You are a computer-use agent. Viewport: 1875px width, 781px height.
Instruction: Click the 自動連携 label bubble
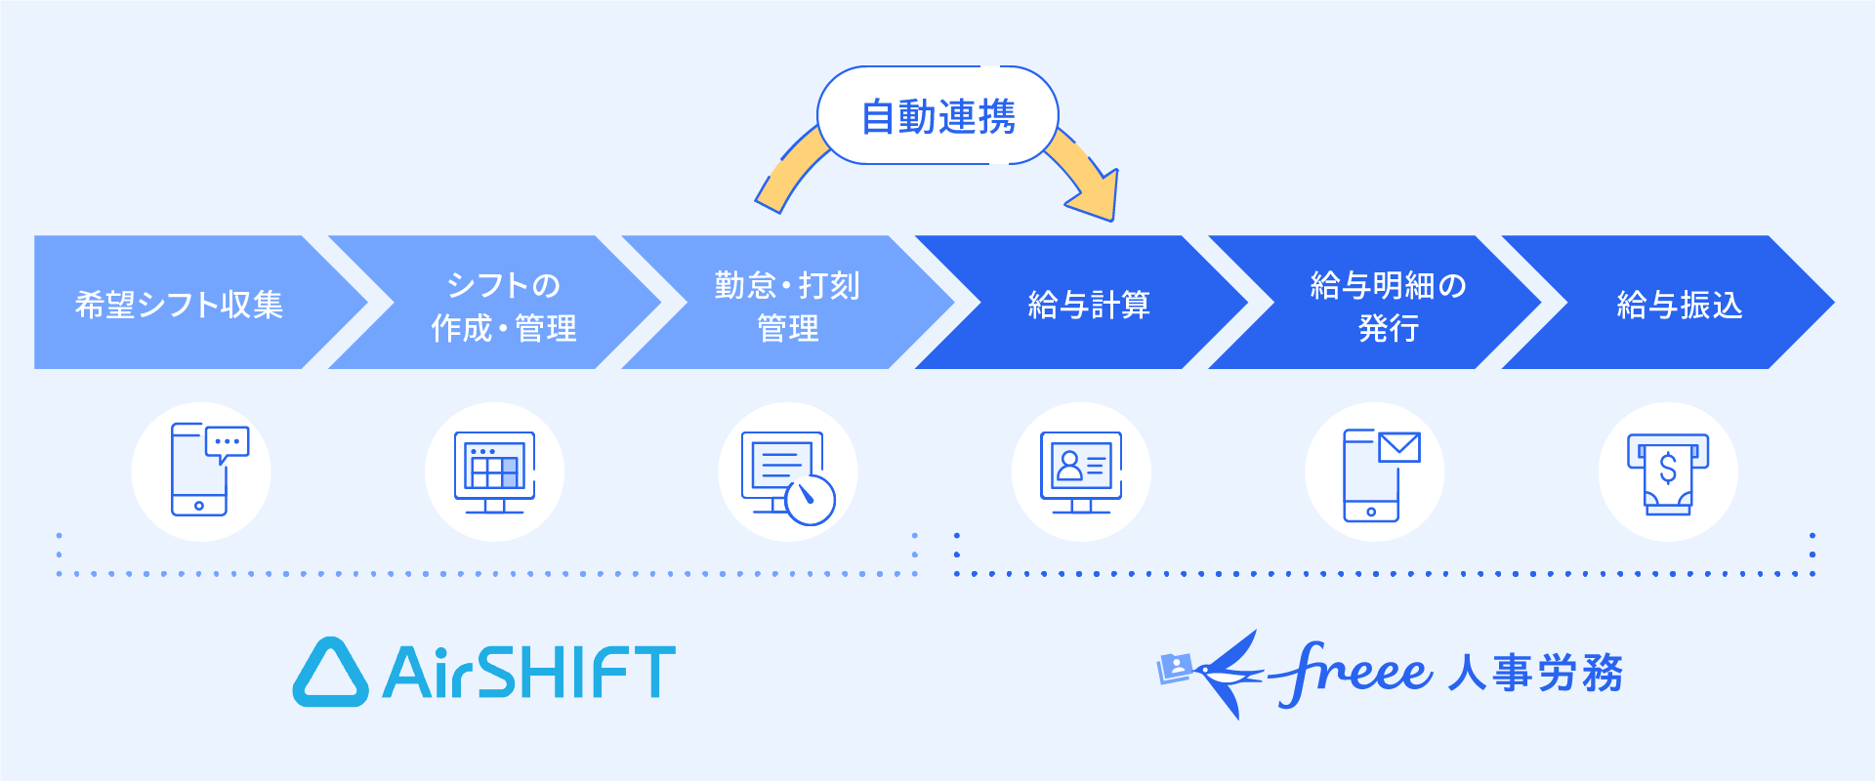937,116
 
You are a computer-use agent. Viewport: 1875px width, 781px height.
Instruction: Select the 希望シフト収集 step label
179,305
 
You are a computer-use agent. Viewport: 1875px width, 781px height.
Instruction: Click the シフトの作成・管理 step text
503,306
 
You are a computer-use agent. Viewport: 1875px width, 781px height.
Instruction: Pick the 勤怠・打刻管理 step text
787,306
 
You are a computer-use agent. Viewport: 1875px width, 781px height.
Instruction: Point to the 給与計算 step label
1089,305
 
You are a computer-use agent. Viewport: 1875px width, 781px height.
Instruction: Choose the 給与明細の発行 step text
1388,306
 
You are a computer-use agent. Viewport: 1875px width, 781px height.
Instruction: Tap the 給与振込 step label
1679,305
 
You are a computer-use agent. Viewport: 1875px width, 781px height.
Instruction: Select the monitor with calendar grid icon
495,472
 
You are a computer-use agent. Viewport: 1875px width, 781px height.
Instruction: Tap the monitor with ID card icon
1081,472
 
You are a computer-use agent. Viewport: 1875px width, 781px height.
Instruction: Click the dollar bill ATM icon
1668,473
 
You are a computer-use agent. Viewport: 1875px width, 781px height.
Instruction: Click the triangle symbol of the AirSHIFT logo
330,674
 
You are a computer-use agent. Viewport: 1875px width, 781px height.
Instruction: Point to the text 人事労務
1534,673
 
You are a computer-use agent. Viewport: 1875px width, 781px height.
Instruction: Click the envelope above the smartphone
1398,448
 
